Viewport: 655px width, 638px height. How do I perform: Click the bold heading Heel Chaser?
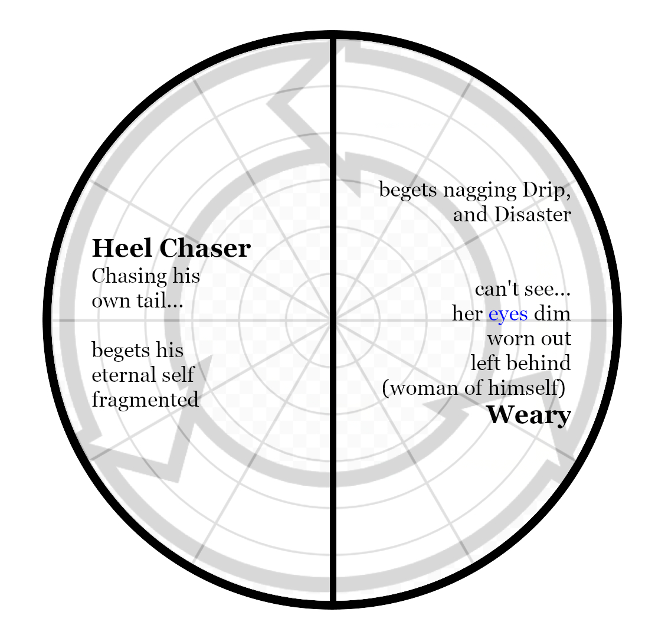click(171, 248)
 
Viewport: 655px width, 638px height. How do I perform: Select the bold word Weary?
click(528, 415)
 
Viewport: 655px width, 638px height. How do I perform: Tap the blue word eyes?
click(507, 313)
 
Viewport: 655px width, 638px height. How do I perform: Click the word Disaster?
click(532, 214)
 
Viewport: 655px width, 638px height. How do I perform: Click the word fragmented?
click(145, 400)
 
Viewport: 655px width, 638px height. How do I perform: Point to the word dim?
click(552, 313)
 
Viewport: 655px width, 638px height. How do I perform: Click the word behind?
click(539, 363)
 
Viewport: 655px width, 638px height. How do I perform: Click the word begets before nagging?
click(408, 191)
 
